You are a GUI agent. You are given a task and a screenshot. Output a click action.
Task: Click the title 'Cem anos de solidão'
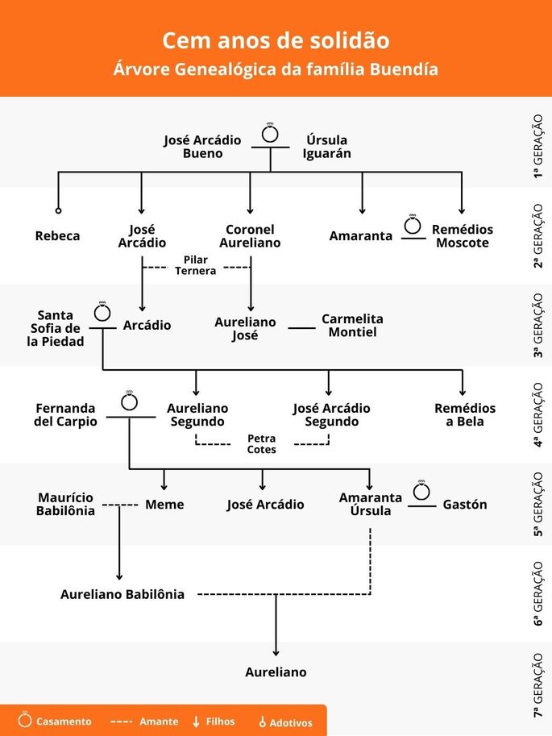point(276,40)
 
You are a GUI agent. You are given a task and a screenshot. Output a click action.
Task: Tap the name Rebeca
point(58,236)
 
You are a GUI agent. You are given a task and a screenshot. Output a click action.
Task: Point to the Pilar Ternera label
point(196,266)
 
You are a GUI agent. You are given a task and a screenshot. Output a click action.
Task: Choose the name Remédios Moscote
point(463,236)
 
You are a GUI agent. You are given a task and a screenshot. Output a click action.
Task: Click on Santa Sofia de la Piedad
point(56,328)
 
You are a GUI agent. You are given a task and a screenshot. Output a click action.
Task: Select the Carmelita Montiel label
point(352,325)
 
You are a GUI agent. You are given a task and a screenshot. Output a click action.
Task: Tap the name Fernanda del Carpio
point(65,415)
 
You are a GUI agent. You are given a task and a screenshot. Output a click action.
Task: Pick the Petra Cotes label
point(261,444)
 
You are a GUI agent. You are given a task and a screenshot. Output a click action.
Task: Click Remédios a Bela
point(465,415)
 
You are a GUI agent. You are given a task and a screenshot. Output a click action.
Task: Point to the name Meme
point(164,505)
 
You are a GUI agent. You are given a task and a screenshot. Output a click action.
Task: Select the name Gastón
point(465,505)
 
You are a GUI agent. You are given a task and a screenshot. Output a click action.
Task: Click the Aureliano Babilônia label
point(122,595)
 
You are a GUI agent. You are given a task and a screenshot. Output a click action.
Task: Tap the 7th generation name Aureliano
point(276,672)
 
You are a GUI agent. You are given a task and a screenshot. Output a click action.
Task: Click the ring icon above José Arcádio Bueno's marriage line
point(271,133)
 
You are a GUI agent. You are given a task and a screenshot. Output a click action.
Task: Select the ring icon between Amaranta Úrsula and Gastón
point(421,491)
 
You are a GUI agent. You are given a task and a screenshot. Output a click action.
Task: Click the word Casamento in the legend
point(64,721)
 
